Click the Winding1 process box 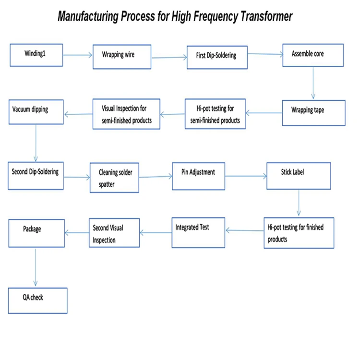coord(36,55)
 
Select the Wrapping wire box coord(122,56)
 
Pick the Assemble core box coord(312,55)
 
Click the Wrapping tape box coord(313,113)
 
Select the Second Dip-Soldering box coord(36,176)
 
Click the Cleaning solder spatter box coord(115,178)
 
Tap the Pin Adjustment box coord(198,176)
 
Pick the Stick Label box coord(299,176)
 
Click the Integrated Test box coord(198,232)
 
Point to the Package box coord(36,233)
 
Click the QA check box coord(37,300)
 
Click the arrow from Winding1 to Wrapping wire coord(77,55)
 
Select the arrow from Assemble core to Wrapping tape coord(313,83)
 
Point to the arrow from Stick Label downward coord(299,203)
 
